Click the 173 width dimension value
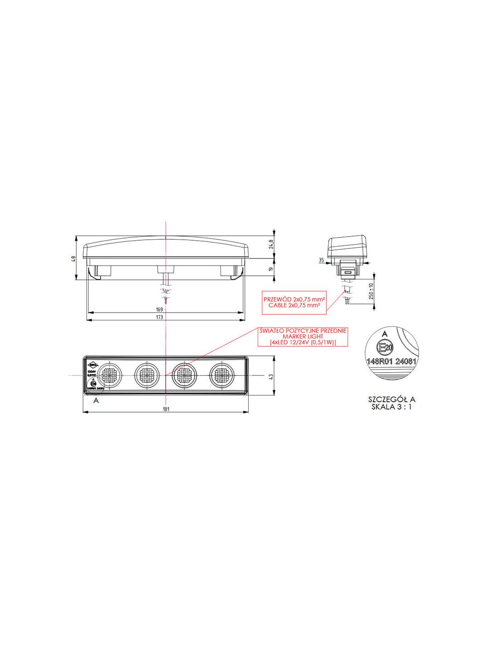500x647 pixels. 159,317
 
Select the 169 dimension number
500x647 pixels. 159,310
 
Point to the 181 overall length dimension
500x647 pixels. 166,409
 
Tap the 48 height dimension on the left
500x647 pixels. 73,258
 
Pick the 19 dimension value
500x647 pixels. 271,269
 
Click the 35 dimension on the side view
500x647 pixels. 321,260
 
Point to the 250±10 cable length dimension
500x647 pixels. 371,295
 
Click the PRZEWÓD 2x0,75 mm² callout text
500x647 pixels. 294,299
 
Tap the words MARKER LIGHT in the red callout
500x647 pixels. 302,336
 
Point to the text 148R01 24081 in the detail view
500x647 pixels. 391,361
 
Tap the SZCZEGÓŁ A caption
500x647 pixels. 391,399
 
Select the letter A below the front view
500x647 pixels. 96,401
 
